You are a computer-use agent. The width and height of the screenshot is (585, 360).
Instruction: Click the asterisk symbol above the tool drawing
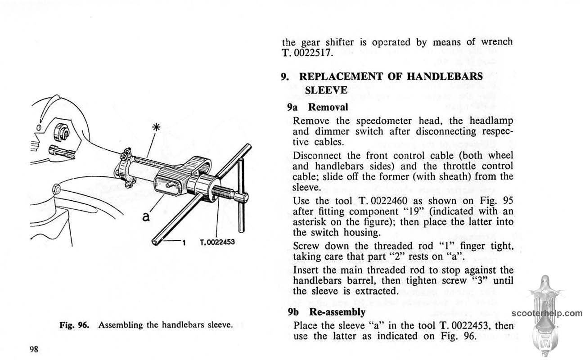158,127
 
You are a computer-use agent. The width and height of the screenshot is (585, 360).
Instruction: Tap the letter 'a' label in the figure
145,218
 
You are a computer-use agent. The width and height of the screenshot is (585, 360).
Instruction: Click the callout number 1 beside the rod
184,243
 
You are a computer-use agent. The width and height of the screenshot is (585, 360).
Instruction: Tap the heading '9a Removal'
318,107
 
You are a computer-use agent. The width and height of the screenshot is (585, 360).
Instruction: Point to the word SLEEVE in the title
326,90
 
